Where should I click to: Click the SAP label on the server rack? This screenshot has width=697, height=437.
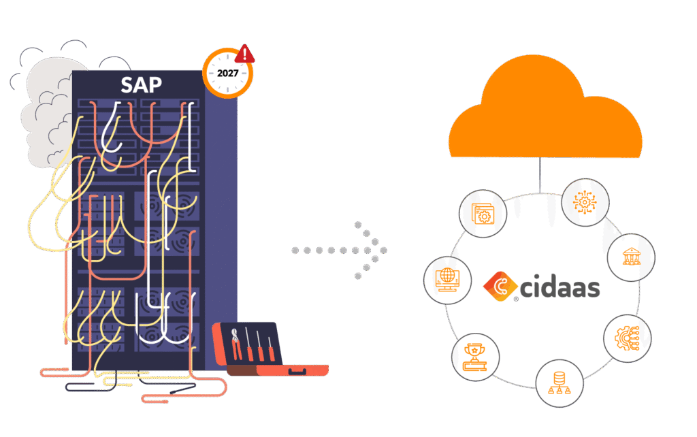[x=140, y=85]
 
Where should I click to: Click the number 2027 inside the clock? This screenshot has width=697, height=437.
[x=227, y=73]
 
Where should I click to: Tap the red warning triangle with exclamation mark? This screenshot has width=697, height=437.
[x=244, y=54]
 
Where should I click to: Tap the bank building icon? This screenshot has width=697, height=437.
[x=631, y=258]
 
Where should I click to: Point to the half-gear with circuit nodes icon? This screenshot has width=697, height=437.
[x=628, y=338]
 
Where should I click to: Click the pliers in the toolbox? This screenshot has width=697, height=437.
[x=237, y=345]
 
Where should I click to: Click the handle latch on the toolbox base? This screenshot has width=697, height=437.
[x=296, y=372]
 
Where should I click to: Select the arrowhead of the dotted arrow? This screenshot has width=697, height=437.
[x=374, y=250]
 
